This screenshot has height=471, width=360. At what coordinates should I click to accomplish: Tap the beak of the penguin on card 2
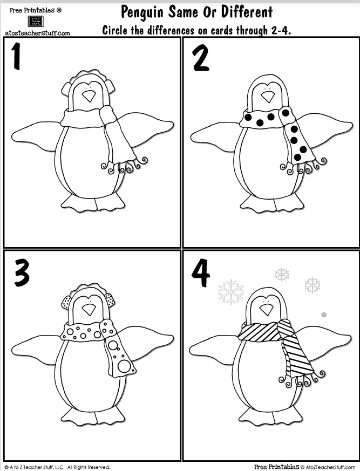click(267, 96)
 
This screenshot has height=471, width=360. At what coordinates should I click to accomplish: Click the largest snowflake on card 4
click(231, 291)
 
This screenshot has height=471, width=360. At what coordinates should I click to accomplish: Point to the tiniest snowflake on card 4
click(324, 315)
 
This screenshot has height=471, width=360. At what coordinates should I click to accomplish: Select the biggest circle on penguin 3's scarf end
click(124, 366)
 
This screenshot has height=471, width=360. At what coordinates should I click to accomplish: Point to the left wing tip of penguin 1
click(15, 130)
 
